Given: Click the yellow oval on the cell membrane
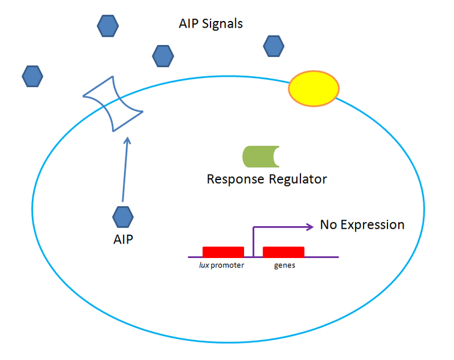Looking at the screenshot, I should pyautogui.click(x=314, y=88).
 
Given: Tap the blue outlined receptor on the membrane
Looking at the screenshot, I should pyautogui.click(x=113, y=104).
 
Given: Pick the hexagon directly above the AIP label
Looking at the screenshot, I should pyautogui.click(x=123, y=216).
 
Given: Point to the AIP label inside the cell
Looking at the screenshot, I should pyautogui.click(x=123, y=239).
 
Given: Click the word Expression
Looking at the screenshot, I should pyautogui.click(x=372, y=225).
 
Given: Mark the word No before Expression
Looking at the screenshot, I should pyautogui.click(x=328, y=225).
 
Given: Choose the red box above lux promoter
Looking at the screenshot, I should pyautogui.click(x=223, y=252).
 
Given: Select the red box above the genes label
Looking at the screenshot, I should pyautogui.click(x=284, y=252).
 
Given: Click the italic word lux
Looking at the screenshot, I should pyautogui.click(x=205, y=265).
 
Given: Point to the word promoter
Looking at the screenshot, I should pyautogui.click(x=228, y=265).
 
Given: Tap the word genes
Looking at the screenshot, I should pyautogui.click(x=284, y=265).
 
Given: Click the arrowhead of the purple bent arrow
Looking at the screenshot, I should pyautogui.click(x=311, y=227).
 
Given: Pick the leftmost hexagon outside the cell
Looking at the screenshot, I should pyautogui.click(x=32, y=76).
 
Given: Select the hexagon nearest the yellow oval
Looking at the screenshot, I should pyautogui.click(x=273, y=45).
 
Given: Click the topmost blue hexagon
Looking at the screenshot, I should pyautogui.click(x=108, y=25).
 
